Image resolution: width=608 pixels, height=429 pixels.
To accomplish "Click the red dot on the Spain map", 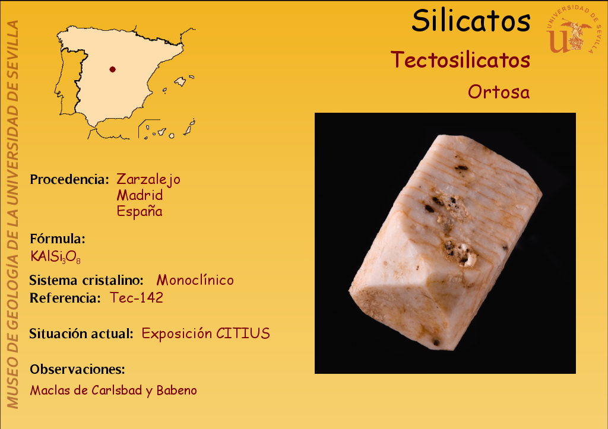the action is click(x=112, y=69).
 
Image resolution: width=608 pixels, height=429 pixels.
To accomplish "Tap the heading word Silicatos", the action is click(x=471, y=21).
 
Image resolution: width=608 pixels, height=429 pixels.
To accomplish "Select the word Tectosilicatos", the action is click(x=460, y=60).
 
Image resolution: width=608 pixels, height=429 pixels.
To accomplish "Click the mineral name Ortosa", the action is click(x=499, y=92).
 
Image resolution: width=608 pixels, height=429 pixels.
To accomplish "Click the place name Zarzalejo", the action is click(x=148, y=180).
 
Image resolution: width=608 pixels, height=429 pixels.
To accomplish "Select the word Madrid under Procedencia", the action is click(x=140, y=195).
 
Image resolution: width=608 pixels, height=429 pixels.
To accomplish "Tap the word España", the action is click(x=140, y=212).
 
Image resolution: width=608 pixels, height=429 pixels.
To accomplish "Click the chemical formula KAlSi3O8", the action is click(x=55, y=257).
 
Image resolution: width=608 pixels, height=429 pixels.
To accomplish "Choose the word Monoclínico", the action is click(x=195, y=280).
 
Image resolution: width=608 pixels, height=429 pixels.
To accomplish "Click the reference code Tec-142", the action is click(x=137, y=298).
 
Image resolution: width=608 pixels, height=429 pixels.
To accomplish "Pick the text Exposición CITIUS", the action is click(x=205, y=333).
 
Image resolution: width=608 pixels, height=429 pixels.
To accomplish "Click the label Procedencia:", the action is click(x=69, y=179).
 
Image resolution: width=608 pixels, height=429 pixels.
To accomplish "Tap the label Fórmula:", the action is click(x=58, y=239).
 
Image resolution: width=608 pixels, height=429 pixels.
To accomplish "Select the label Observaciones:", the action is click(x=78, y=369).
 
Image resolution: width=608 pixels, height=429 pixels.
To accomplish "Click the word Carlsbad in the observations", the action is click(x=117, y=390).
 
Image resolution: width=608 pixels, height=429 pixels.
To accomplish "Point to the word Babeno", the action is click(x=176, y=390).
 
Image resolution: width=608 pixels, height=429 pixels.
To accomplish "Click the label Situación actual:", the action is click(x=81, y=333).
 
